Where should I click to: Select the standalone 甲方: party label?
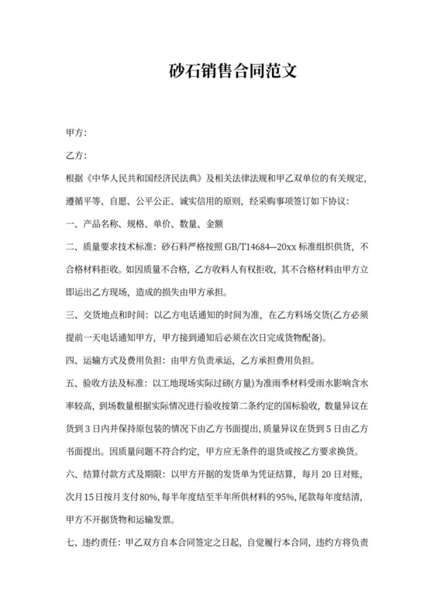[x=76, y=134]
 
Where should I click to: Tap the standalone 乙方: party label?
[x=76, y=157]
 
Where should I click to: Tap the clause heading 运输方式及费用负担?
[x=121, y=360]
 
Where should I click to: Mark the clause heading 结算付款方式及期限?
[x=121, y=473]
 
